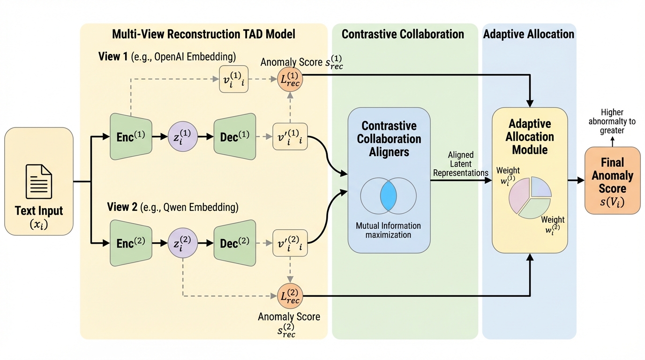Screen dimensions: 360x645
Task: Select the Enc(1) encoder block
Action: pos(130,136)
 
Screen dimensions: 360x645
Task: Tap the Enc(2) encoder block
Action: pos(130,243)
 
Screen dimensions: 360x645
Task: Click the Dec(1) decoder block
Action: pos(235,136)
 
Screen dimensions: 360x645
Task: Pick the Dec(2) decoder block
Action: pos(235,243)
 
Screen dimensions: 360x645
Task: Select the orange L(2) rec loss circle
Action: pos(290,296)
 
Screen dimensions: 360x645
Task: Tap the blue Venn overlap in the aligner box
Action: pos(389,195)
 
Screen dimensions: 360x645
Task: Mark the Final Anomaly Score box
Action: pos(612,180)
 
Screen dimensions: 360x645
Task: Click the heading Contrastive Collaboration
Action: pos(403,34)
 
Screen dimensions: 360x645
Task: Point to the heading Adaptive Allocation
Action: pos(528,34)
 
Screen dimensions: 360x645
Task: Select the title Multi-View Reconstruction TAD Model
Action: pos(203,34)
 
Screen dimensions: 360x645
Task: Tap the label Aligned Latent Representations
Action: pos(460,164)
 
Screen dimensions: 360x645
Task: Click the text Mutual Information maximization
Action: pos(388,230)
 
